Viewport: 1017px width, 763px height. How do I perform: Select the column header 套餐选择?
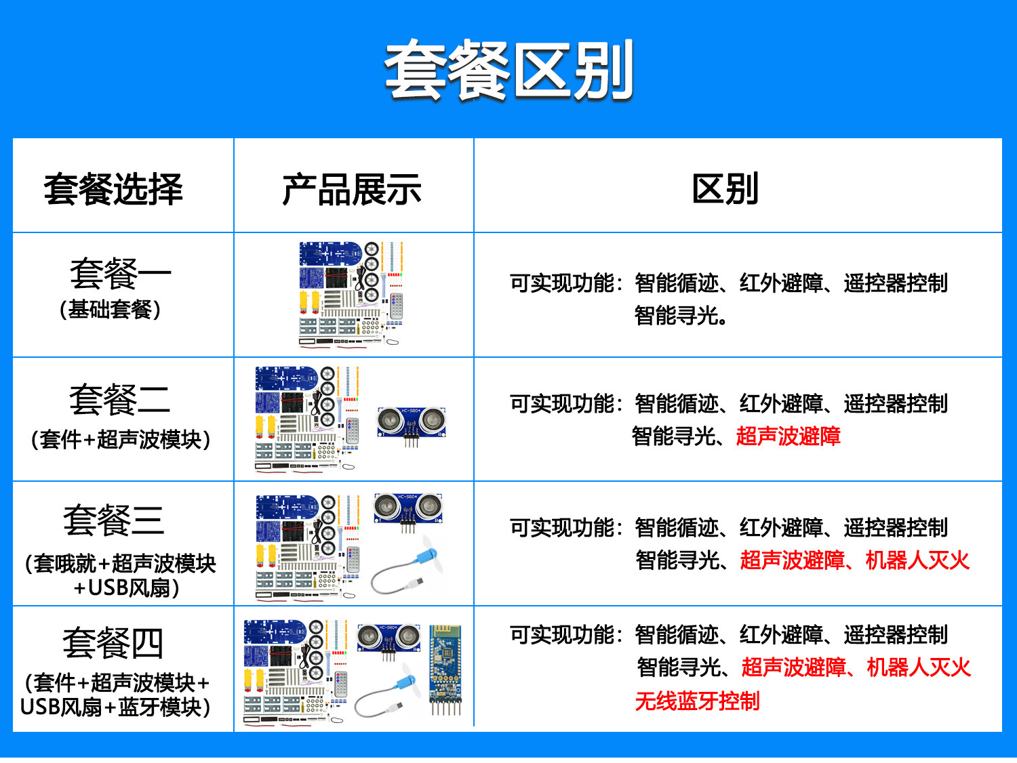[x=113, y=189]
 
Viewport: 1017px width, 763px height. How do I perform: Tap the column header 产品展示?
[x=352, y=189]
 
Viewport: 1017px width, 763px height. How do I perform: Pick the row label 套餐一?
[x=121, y=273]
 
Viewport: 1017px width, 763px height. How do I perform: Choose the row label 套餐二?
[x=119, y=400]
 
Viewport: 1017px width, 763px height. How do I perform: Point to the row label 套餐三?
[x=114, y=520]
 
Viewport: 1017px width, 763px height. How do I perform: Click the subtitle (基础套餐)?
[x=111, y=309]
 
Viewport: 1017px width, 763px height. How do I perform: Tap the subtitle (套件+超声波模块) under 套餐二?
[x=121, y=439]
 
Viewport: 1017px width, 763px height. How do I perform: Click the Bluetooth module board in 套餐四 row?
[x=445, y=669]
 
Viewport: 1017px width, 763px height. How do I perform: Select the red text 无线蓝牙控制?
[x=697, y=701]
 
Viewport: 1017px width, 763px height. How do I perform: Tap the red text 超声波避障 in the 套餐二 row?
[x=788, y=436]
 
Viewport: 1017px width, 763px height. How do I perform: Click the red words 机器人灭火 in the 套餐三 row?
[x=917, y=560]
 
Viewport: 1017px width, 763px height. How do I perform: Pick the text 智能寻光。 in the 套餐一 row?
[x=680, y=316]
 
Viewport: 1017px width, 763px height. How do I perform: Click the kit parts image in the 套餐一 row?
[x=351, y=293]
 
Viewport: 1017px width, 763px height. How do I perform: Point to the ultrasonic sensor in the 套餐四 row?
[x=389, y=641]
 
